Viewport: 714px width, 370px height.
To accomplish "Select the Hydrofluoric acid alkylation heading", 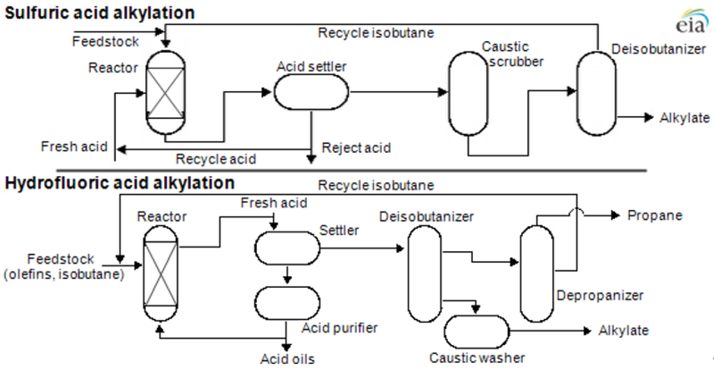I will (x=120, y=184).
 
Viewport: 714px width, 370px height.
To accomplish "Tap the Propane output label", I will (x=655, y=216).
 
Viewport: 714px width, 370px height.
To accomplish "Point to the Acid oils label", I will (x=286, y=360).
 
